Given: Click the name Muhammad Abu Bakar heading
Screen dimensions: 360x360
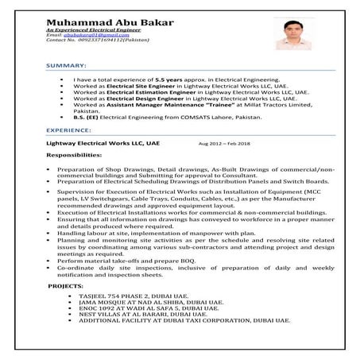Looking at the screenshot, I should (x=110, y=21).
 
